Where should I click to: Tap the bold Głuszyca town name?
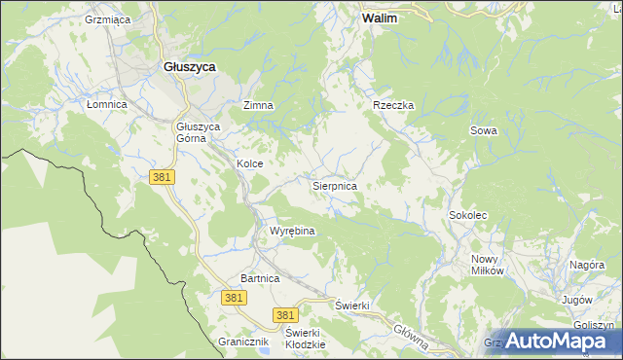click(189, 66)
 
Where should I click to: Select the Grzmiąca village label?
click(107, 19)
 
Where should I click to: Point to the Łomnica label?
click(107, 104)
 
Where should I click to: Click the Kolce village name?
click(249, 164)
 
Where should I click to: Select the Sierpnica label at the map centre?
click(334, 184)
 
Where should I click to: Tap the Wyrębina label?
click(291, 231)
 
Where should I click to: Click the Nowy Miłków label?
click(487, 265)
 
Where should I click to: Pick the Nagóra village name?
click(587, 265)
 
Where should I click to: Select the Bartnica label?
click(260, 278)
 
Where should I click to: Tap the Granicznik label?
click(242, 342)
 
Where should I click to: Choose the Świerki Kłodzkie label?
click(304, 338)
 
